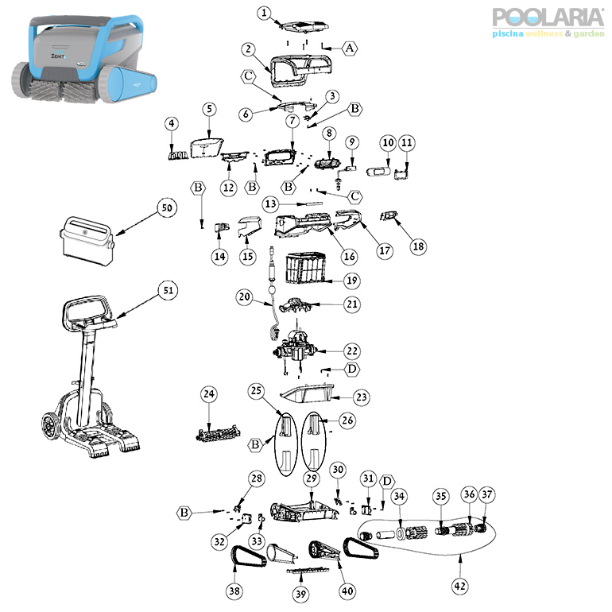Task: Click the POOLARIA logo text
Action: (x=548, y=17)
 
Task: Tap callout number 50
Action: (x=167, y=207)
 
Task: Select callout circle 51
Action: (x=168, y=290)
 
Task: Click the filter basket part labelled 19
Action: (x=306, y=268)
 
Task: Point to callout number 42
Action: (x=459, y=586)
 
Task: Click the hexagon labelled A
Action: (x=350, y=48)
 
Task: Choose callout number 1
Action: (x=264, y=13)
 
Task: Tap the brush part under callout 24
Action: (x=218, y=433)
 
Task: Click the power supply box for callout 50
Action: (x=87, y=241)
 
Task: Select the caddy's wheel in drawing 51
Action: (x=51, y=426)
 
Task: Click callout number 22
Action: (x=352, y=351)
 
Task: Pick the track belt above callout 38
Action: (x=249, y=556)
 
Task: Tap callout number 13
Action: (x=270, y=203)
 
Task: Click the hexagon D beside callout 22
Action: (x=352, y=369)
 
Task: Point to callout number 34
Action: (x=399, y=496)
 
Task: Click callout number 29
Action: (x=311, y=478)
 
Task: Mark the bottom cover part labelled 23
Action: (x=308, y=393)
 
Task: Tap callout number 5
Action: (x=209, y=109)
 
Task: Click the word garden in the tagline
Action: (x=589, y=34)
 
